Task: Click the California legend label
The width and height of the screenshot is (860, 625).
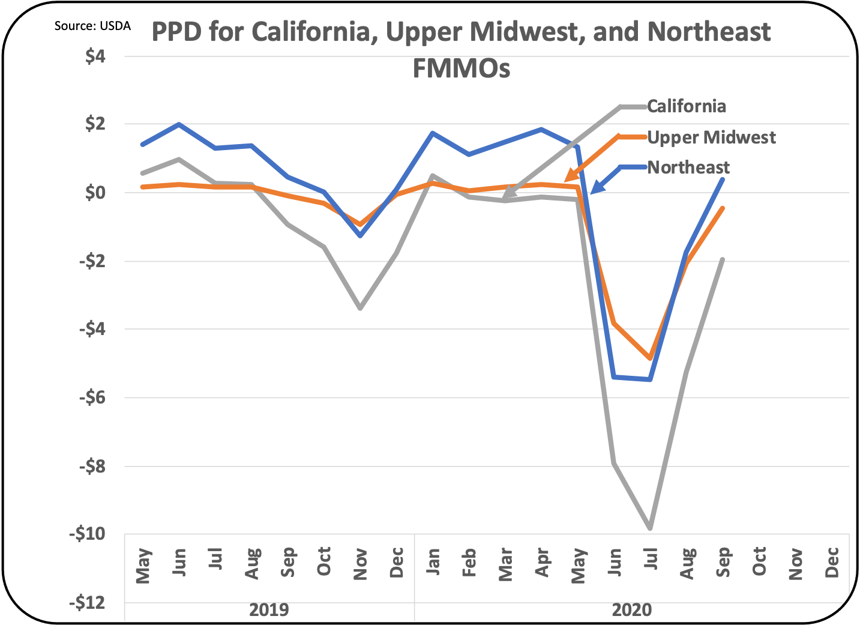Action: point(686,106)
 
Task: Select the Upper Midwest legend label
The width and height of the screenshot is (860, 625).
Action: point(711,137)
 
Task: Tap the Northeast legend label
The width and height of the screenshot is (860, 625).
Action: point(688,167)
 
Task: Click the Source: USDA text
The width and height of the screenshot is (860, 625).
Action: point(92,26)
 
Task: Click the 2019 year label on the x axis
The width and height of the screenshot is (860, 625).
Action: point(269,610)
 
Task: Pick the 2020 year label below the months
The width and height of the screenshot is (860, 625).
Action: point(631,610)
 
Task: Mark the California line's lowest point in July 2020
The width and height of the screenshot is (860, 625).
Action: point(650,528)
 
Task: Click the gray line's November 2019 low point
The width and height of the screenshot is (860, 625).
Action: point(359,308)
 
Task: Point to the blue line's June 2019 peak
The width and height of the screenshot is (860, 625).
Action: point(179,124)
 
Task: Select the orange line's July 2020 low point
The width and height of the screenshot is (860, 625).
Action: point(650,358)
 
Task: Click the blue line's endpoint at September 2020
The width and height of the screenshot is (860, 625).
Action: point(723,179)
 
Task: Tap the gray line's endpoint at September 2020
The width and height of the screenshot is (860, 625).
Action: point(723,259)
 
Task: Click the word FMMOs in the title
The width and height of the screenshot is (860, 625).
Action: point(461,68)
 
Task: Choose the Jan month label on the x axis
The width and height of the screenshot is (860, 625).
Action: point(433,562)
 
